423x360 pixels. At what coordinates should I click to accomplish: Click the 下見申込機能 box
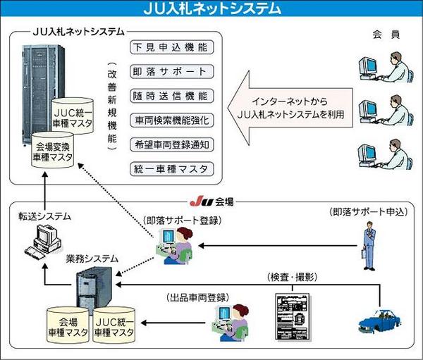pos(169,48)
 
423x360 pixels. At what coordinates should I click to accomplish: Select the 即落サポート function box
pos(169,72)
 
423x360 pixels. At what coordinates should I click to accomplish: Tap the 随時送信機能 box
pos(169,96)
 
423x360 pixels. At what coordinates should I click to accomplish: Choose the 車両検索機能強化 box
pos(169,120)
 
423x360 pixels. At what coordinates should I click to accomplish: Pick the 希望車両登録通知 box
pos(169,144)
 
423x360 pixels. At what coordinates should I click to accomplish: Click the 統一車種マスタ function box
pos(169,168)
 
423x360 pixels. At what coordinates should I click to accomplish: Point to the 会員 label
pos(381,33)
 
